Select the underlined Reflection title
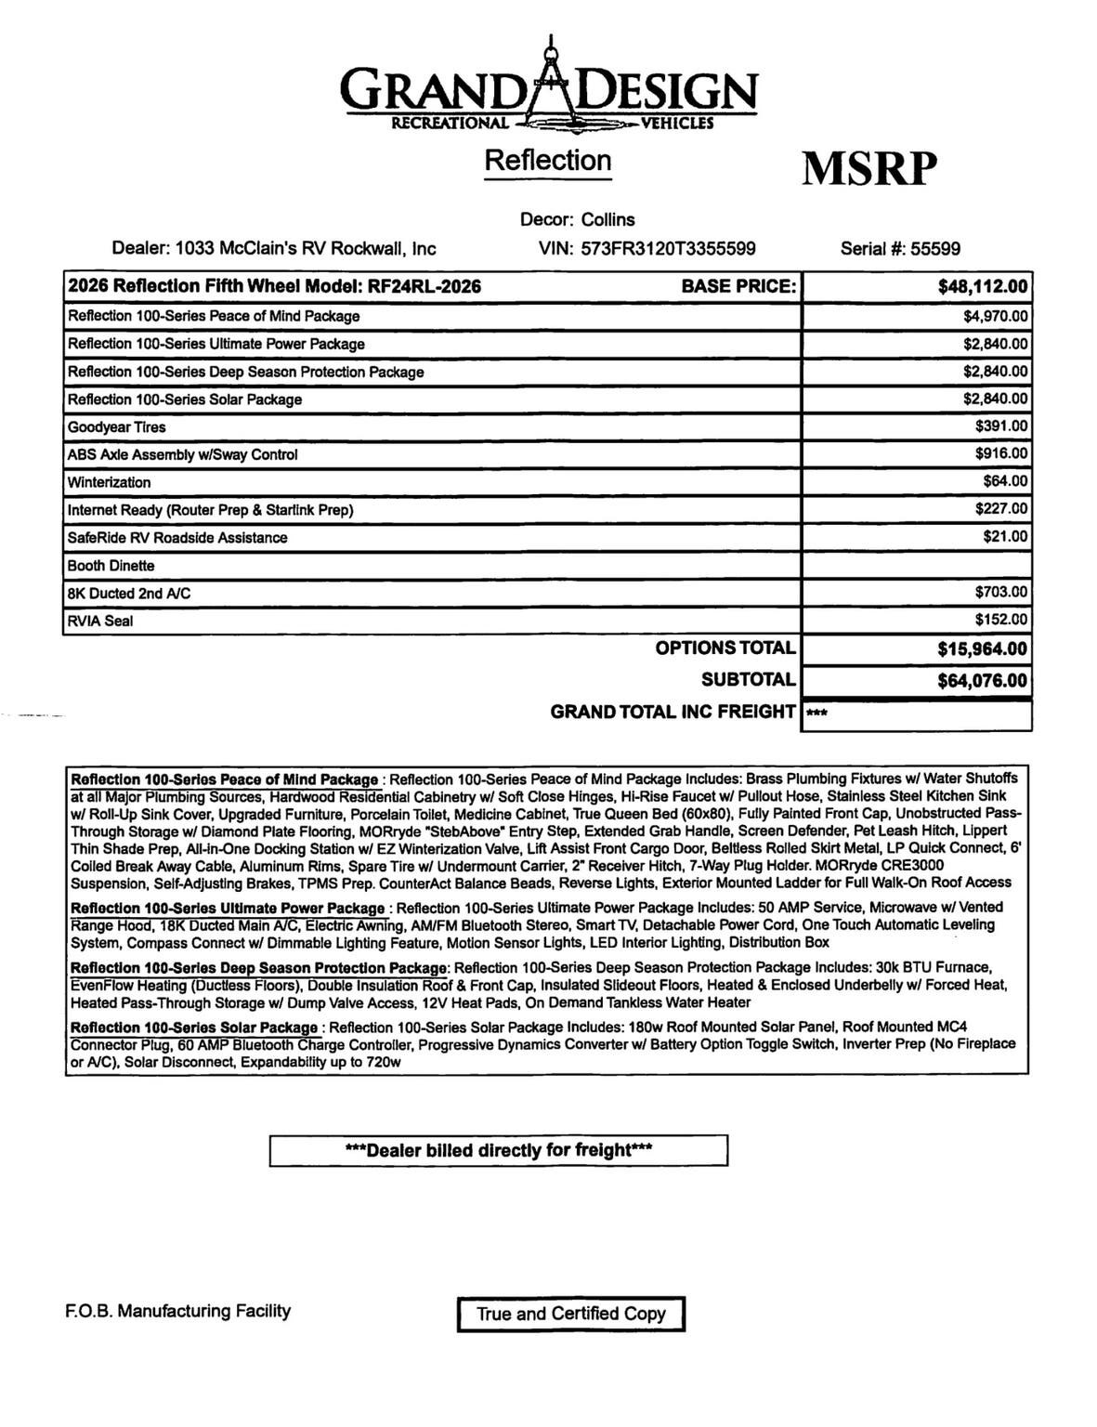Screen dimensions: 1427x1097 click(x=548, y=160)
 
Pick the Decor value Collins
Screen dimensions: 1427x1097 click(x=608, y=219)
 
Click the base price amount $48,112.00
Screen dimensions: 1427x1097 click(x=983, y=286)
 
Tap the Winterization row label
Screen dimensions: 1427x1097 click(x=109, y=482)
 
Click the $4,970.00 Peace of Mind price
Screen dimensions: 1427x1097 click(x=996, y=316)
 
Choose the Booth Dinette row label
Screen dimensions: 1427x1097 click(x=111, y=566)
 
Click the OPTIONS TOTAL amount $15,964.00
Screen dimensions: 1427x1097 click(x=983, y=648)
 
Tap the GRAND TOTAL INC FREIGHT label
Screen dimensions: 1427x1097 click(x=673, y=712)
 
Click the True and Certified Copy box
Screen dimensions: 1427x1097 click(x=570, y=1314)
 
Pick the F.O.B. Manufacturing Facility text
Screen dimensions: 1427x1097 click(x=178, y=1311)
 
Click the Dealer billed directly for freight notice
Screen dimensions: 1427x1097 click(x=498, y=1150)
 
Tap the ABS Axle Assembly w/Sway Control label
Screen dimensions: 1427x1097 click(x=182, y=454)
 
